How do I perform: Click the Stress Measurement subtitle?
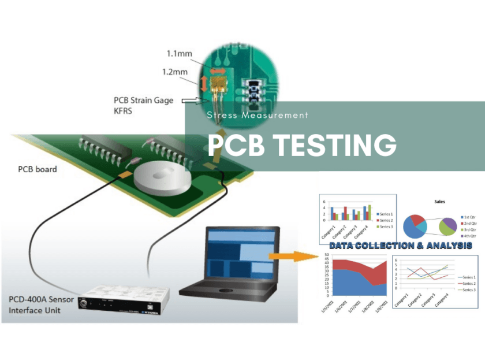coord(258,115)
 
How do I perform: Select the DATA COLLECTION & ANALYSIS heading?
coord(401,246)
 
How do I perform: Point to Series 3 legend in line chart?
coord(467,289)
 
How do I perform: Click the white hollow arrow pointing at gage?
coord(191,102)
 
